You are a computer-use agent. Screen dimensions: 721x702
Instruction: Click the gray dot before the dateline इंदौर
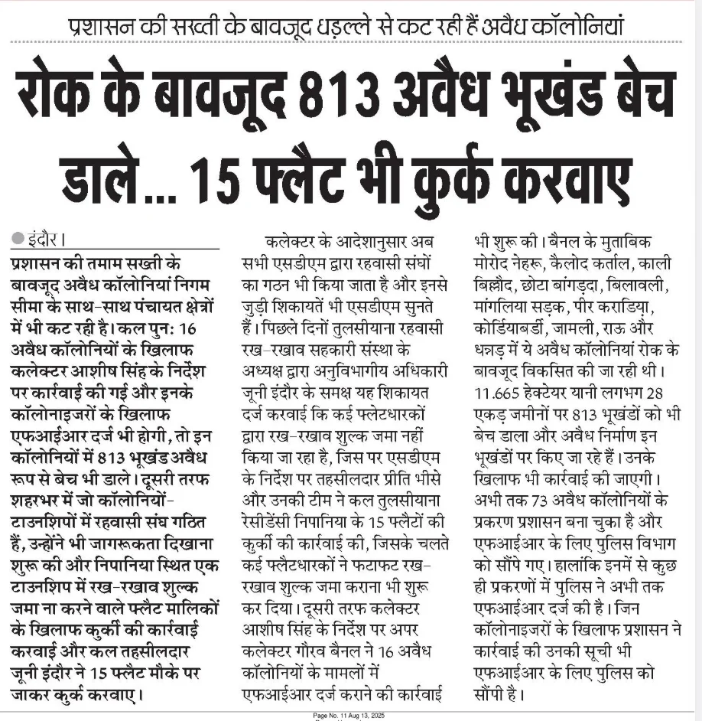[x=18, y=238]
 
